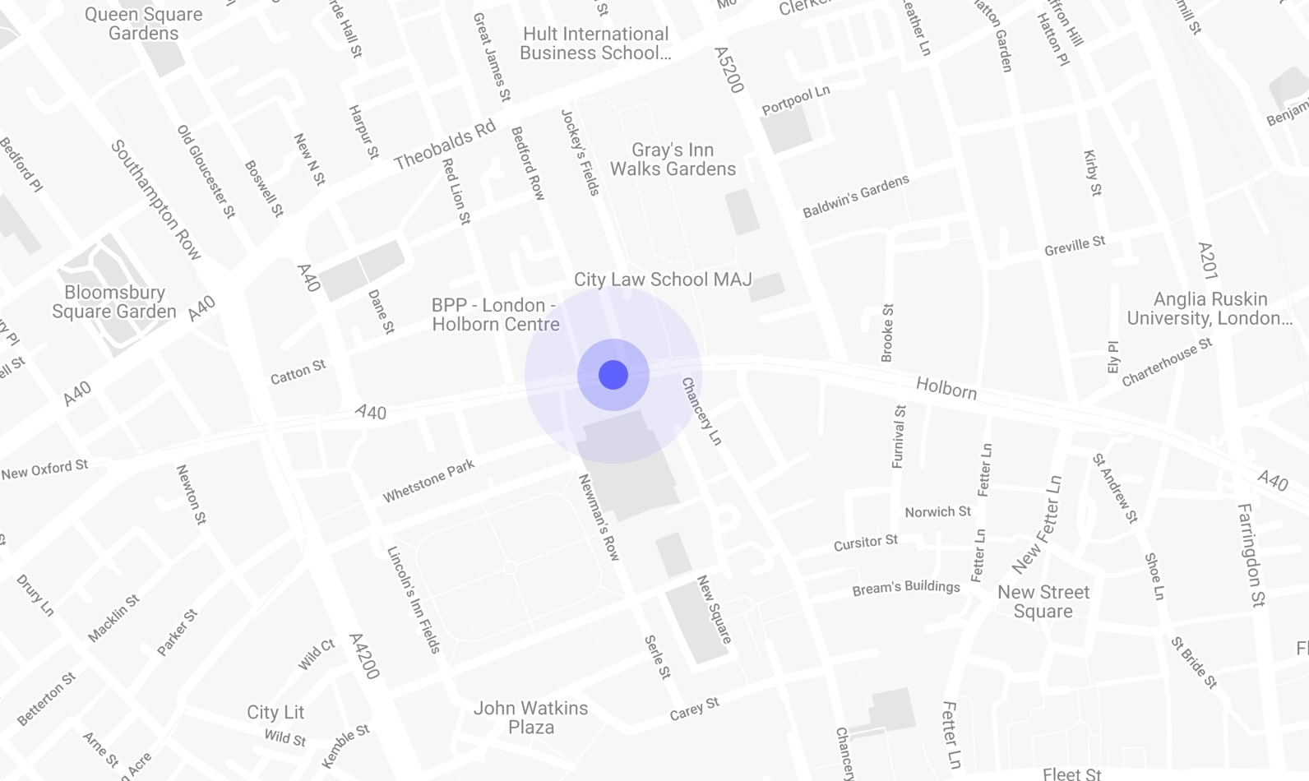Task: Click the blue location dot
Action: (x=613, y=375)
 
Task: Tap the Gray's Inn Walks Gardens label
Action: (x=673, y=159)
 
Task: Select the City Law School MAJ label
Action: (x=663, y=280)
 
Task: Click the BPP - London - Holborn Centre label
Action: (x=495, y=315)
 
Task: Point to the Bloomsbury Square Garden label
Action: (x=114, y=302)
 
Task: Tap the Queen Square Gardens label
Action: (x=143, y=24)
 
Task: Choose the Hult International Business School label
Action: (x=595, y=44)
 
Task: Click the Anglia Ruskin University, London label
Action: (x=1210, y=308)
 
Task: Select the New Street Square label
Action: (x=1043, y=602)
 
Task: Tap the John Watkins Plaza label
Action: (x=531, y=718)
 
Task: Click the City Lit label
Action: (x=275, y=712)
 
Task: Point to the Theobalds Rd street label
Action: (x=445, y=145)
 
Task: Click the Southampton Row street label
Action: (x=156, y=200)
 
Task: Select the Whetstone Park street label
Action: (x=428, y=481)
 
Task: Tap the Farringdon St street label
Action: (x=1251, y=555)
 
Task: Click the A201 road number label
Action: (x=1207, y=261)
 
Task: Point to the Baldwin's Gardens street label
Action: (x=856, y=196)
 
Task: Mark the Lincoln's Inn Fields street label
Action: (x=414, y=599)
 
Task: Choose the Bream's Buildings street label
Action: (x=906, y=588)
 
